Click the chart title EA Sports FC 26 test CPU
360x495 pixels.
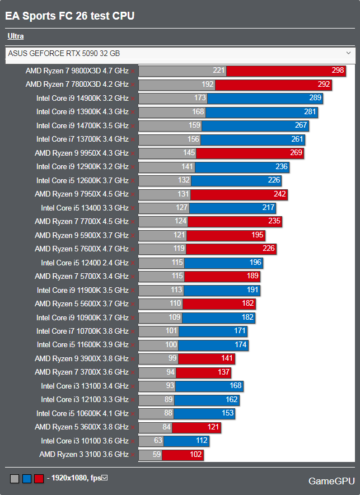(x=70, y=16)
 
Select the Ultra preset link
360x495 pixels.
(x=16, y=36)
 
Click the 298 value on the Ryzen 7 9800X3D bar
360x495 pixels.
(x=338, y=71)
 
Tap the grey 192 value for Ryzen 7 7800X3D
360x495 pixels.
(x=208, y=85)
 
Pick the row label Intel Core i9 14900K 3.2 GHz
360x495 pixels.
(x=82, y=98)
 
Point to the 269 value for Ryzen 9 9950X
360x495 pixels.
(x=296, y=153)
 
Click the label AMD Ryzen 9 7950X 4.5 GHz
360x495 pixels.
(x=82, y=194)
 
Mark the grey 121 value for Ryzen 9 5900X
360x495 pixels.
(x=179, y=235)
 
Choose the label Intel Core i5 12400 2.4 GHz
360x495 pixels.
(x=85, y=263)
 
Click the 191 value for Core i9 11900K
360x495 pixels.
(x=253, y=290)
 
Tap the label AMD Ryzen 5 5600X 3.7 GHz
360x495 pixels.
(x=82, y=303)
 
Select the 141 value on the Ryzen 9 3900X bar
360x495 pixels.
(x=227, y=358)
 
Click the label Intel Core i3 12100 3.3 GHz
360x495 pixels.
(x=85, y=400)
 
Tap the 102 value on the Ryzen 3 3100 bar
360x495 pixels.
(x=196, y=455)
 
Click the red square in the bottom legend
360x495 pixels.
(x=39, y=478)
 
